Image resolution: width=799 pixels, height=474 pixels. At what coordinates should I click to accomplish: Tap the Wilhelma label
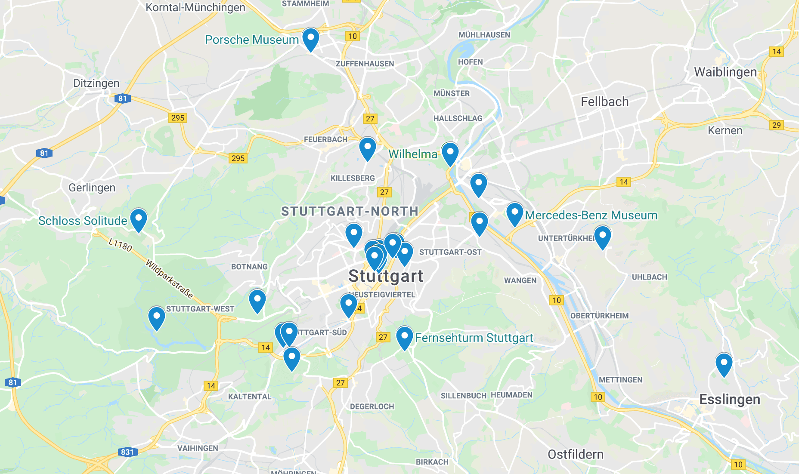[x=412, y=154]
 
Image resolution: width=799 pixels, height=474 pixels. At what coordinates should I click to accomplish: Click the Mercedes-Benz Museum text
[x=591, y=215]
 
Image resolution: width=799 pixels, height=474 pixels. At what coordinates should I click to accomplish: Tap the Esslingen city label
[x=729, y=399]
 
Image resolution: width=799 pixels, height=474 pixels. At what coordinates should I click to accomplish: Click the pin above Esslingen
[x=724, y=364]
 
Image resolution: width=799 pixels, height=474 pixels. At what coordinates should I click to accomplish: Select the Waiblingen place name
[x=725, y=72]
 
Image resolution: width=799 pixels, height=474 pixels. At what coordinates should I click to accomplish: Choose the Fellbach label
[x=604, y=102]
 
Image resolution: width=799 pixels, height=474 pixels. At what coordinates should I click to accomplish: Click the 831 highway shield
[x=127, y=452]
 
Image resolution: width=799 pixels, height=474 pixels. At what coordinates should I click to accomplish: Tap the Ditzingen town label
[x=96, y=83]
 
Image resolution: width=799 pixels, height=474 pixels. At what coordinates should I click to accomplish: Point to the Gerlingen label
[x=92, y=188]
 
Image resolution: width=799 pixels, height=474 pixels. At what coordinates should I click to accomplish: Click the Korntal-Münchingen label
[x=195, y=7]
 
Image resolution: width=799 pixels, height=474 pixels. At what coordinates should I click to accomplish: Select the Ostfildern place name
[x=575, y=454]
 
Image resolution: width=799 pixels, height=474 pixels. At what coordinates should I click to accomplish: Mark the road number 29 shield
[x=776, y=125]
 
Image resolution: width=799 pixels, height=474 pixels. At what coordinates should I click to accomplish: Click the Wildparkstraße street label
[x=169, y=279]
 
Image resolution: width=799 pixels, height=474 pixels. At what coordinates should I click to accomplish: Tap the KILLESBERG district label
[x=353, y=178]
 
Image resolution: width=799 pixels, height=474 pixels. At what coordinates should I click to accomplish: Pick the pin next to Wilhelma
[x=450, y=153]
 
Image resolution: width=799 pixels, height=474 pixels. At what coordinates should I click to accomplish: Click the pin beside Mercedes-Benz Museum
[x=514, y=213]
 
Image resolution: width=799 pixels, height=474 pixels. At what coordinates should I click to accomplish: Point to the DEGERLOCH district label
[x=372, y=406]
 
